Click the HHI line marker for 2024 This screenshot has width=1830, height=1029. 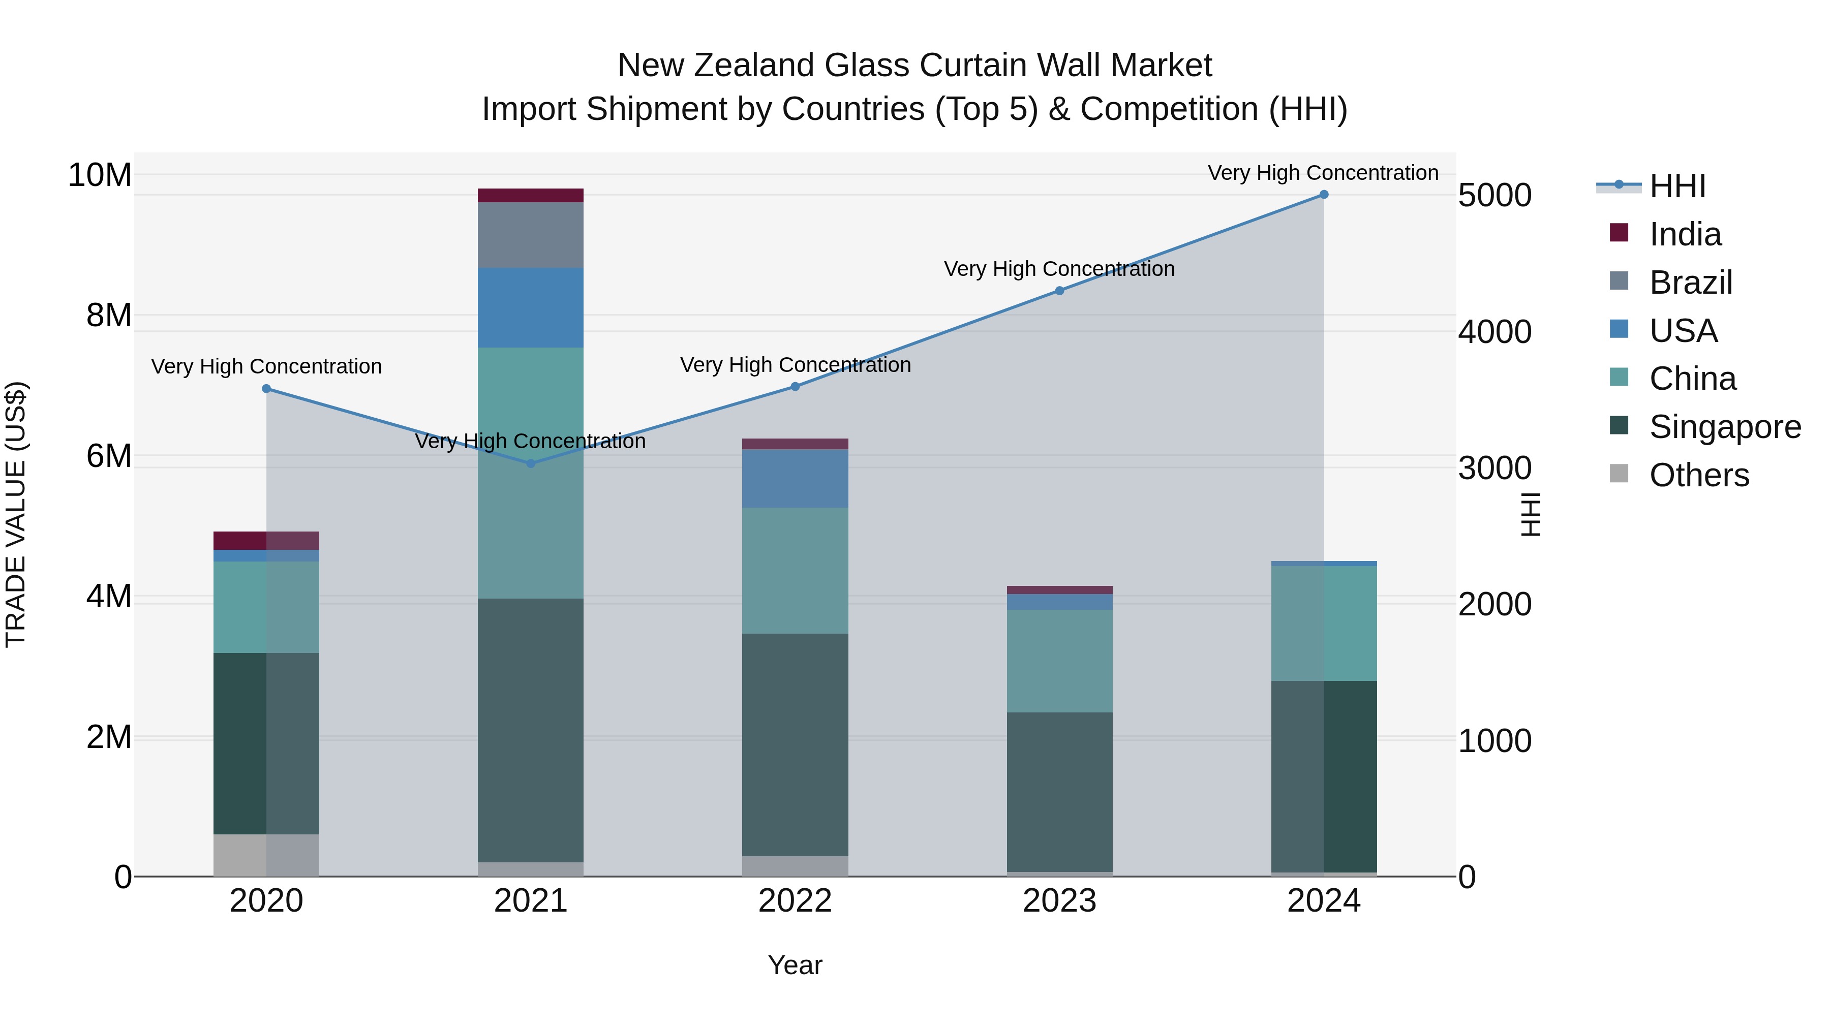point(1324,195)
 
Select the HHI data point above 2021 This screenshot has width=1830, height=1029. point(531,463)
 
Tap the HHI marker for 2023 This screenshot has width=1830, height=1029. point(1059,291)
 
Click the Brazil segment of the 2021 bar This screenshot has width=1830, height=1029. point(531,235)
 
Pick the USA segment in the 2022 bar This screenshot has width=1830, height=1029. point(795,478)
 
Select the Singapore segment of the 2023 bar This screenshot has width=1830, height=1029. point(1059,792)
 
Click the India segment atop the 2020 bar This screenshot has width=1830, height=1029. point(266,541)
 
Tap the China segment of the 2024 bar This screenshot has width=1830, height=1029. point(1324,623)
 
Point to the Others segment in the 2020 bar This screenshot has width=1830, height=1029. point(266,855)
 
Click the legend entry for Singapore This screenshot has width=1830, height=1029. point(1725,427)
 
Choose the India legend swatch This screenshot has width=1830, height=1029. point(1619,233)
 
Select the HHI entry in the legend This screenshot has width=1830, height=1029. point(1676,186)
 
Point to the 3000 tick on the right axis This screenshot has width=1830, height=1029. point(1494,469)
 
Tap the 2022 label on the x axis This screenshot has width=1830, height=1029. point(795,901)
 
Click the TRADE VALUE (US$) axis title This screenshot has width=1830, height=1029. point(16,514)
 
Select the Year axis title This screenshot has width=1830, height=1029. point(795,965)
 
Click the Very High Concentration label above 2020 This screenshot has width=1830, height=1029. point(266,366)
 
